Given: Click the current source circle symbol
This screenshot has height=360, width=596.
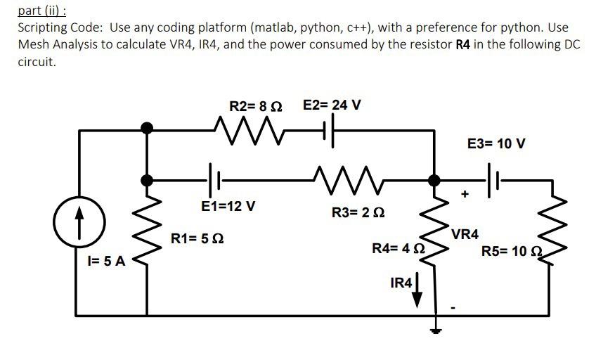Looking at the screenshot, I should point(77,220).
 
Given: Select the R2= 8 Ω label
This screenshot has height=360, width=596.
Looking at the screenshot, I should point(256,106).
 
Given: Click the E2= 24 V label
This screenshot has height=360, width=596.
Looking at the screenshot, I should point(332,105).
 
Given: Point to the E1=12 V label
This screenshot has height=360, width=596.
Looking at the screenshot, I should point(228,207).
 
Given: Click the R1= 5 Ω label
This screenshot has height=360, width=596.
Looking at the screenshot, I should point(197,239).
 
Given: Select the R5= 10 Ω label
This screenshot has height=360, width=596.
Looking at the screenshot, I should point(512,251).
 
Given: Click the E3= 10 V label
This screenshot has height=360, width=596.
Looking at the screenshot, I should point(496,144).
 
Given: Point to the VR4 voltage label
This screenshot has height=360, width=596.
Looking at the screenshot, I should point(465,234).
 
